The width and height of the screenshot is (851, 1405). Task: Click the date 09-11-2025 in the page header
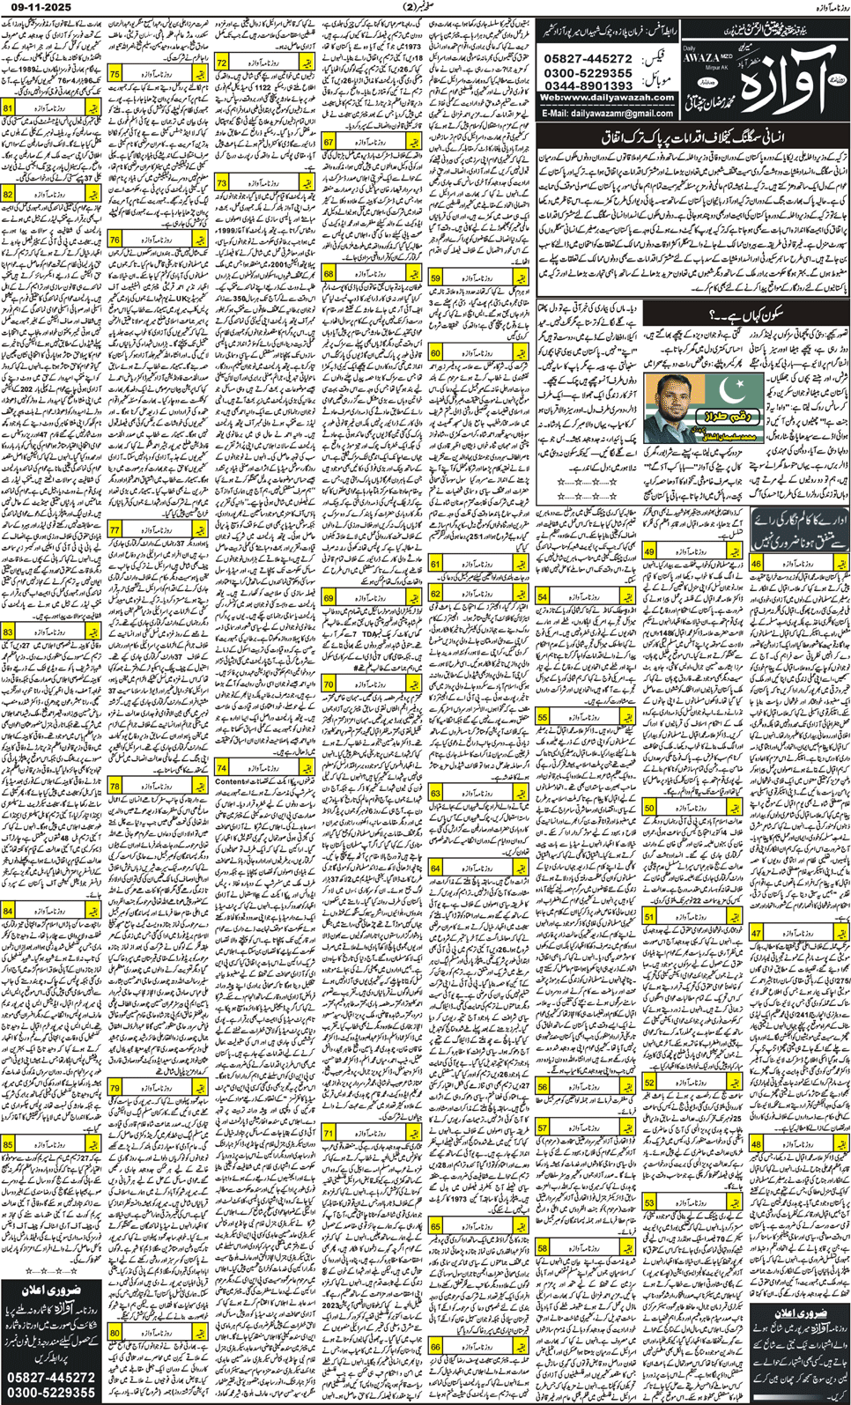(x=36, y=7)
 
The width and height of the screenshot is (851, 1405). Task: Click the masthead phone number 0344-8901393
(x=589, y=85)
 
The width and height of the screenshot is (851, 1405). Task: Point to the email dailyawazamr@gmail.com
(x=608, y=114)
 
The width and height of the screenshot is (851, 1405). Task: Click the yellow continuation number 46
(x=757, y=565)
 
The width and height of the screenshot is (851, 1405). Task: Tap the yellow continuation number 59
(x=435, y=278)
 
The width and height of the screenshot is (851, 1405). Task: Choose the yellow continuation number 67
(x=329, y=142)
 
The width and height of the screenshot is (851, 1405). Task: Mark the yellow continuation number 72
(x=221, y=63)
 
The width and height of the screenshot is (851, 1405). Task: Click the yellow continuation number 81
(x=9, y=108)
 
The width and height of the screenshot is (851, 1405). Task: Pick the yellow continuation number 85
(x=9, y=1144)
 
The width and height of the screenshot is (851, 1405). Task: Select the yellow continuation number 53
(x=649, y=1202)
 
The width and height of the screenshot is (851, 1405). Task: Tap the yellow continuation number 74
(x=221, y=768)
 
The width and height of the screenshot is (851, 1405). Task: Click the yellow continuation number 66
(x=435, y=1347)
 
